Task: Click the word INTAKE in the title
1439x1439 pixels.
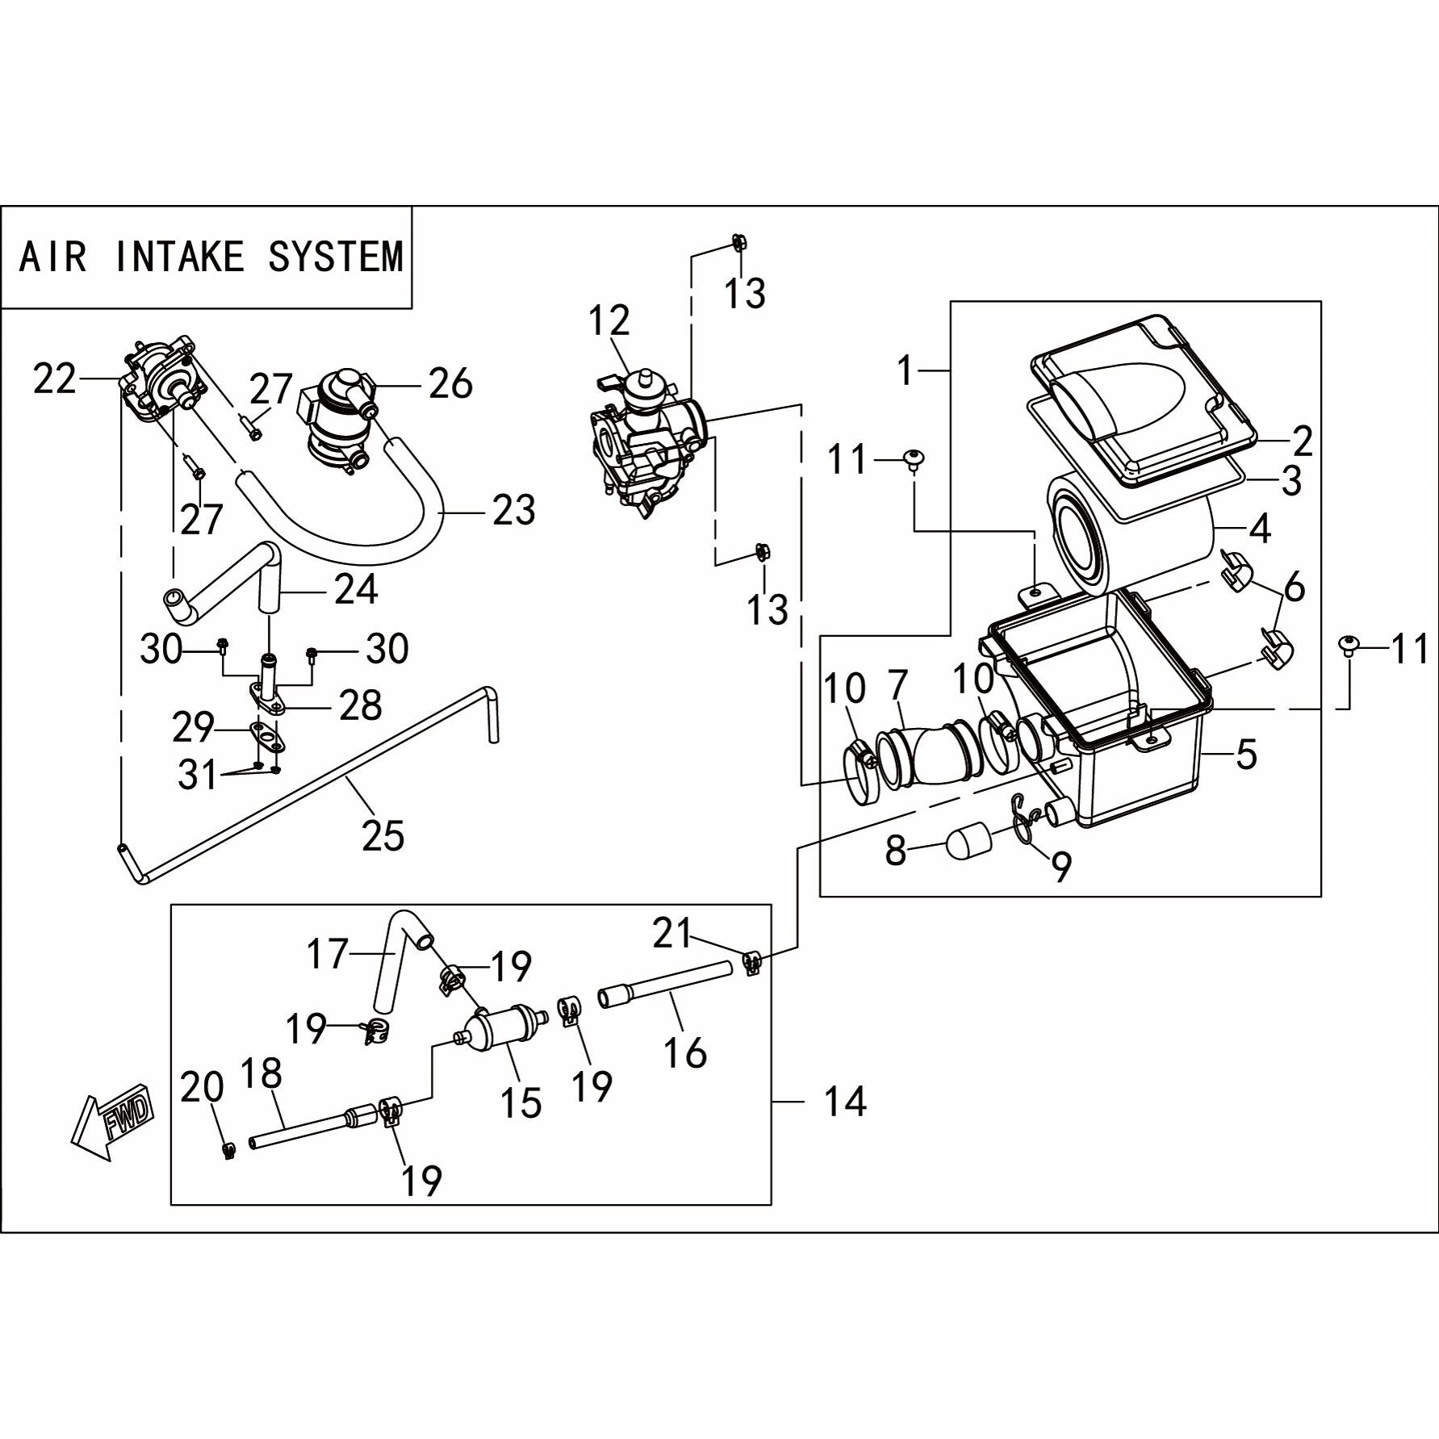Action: [x=179, y=257]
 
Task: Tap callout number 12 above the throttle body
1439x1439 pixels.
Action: [x=609, y=321]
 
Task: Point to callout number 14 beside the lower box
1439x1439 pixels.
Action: [x=844, y=1101]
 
